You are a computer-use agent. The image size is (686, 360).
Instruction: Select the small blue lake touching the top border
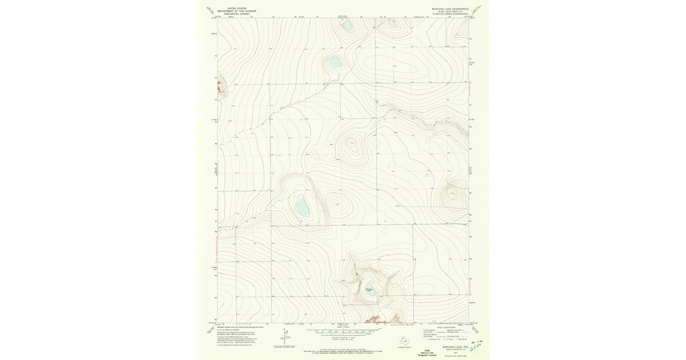[346, 24]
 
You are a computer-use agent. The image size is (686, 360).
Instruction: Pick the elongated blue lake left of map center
[302, 206]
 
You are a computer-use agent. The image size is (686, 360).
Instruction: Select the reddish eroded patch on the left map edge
[221, 87]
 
